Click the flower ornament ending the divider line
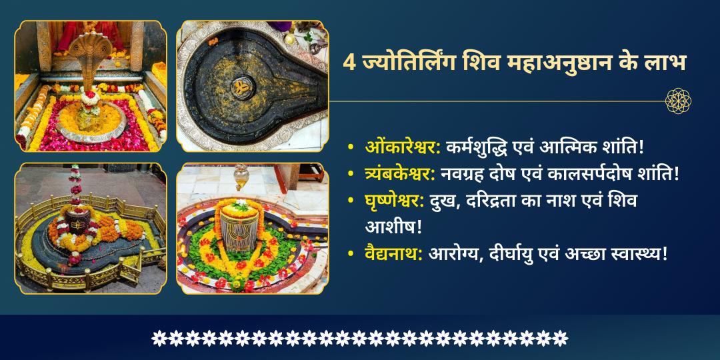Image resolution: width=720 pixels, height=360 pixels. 678,101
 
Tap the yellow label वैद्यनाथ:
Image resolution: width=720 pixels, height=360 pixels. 394,253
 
